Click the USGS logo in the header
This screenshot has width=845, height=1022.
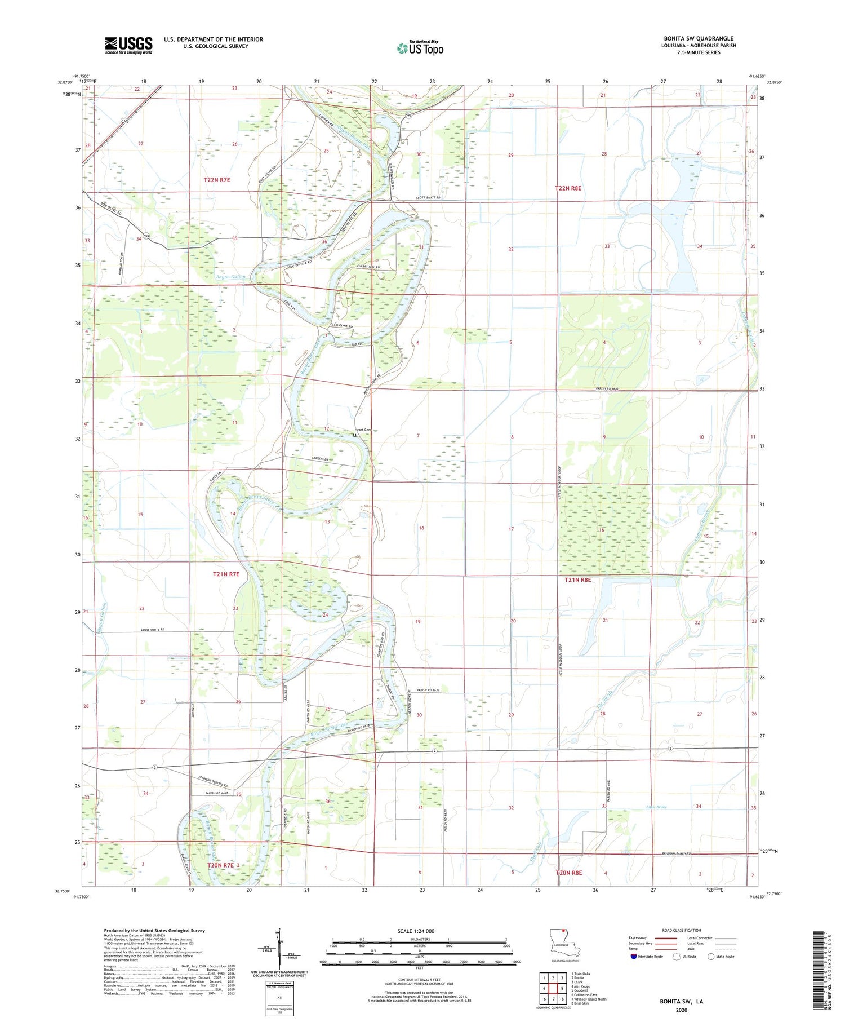coord(128,45)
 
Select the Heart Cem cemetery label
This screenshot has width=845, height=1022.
coord(363,430)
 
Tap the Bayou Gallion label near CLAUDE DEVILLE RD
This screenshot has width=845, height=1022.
coord(230,277)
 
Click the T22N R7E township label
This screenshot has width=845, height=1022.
coord(217,180)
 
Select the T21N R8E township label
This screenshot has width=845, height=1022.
coord(577,579)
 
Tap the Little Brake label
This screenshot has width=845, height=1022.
coord(656,807)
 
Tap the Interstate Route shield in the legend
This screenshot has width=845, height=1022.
coord(634,957)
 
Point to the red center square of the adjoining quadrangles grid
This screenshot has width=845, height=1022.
coord(553,988)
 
